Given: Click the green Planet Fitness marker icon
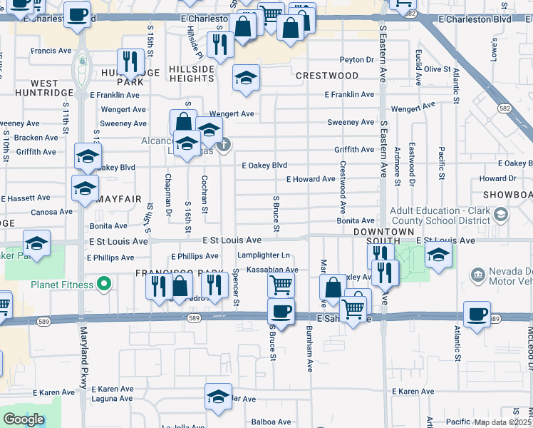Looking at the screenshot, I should (x=104, y=285).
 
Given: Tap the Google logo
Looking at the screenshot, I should (x=24, y=419).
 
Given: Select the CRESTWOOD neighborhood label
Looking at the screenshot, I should (x=327, y=76).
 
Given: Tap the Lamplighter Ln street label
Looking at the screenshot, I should (x=264, y=255).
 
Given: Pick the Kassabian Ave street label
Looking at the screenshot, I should (x=272, y=270).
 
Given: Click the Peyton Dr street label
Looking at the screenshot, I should (x=357, y=60).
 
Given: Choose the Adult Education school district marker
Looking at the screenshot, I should (x=500, y=215).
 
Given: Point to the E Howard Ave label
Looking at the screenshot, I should (x=311, y=179).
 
